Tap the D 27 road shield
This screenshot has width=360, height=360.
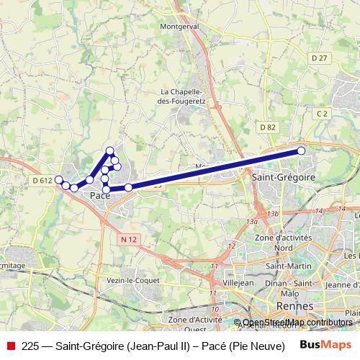320,57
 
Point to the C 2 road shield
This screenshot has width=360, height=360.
321,112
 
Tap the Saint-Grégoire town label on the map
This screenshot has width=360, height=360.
283,176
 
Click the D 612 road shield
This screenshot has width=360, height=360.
41,180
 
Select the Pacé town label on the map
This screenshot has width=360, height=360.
99,195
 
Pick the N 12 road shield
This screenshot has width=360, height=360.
129,238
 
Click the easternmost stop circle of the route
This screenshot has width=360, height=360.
301,150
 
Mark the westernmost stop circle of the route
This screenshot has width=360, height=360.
59,180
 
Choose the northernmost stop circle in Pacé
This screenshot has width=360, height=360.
110,150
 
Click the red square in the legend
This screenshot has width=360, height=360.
10,345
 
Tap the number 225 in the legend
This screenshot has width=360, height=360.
30,345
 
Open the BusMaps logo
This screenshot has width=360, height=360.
325,345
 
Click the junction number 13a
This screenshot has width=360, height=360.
251,222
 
